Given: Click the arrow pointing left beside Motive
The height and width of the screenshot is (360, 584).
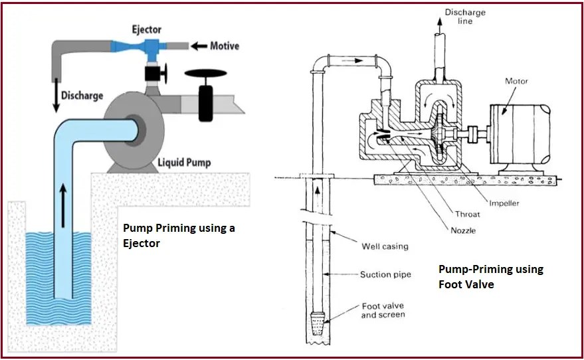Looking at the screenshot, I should coord(199,46).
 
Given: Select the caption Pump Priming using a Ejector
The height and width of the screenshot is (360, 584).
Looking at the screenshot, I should coord(179,234).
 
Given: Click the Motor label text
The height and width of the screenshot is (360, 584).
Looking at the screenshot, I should coord(516,81).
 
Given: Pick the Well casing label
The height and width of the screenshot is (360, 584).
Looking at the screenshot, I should coord(385,246).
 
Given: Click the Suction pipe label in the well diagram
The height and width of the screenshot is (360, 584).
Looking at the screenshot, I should coord(386,274).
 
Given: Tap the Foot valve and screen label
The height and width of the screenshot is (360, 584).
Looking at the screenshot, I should coord(383,310).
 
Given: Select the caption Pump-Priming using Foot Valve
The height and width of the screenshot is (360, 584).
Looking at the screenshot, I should coord(491,276).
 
